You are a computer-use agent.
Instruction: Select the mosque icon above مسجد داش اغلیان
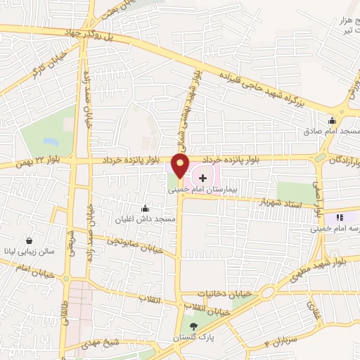pos(146,208)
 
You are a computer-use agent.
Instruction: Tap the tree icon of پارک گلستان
pos(194,326)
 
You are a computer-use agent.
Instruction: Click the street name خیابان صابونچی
pos(136,245)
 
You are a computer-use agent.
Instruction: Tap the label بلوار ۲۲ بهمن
pos(34,162)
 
